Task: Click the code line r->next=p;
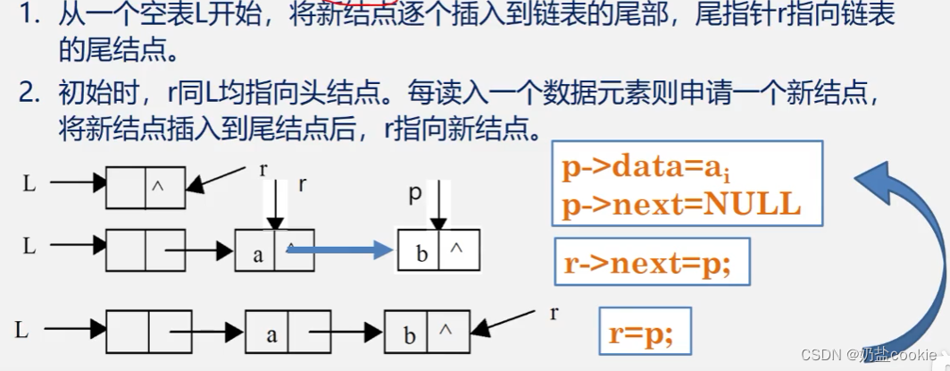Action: click(x=648, y=264)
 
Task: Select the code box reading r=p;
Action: click(x=641, y=333)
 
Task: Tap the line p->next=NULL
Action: click(x=681, y=205)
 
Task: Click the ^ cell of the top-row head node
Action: click(x=165, y=187)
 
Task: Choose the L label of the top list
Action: click(x=29, y=184)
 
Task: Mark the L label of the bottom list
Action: click(x=23, y=331)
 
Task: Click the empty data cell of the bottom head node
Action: click(x=127, y=332)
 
